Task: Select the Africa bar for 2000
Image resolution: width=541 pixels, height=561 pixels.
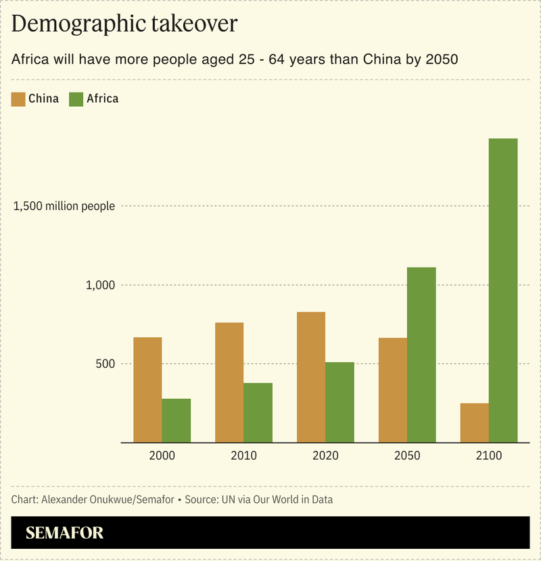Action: [176, 420]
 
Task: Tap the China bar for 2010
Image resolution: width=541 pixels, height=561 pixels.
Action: [229, 383]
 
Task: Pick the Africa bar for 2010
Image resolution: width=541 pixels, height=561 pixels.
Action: [258, 413]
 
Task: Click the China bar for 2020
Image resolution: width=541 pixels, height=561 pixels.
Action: [311, 377]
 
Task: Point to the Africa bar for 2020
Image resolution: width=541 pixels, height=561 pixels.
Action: [339, 402]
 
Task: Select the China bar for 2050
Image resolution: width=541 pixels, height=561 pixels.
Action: [393, 390]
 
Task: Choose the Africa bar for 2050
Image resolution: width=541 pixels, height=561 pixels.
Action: [421, 355]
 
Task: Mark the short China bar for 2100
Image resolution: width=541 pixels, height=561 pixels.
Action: [475, 423]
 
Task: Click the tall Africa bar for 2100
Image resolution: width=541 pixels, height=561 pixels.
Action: [503, 291]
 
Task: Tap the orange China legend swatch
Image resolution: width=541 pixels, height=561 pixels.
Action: [18, 99]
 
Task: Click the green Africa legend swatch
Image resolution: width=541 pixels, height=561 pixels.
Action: [76, 99]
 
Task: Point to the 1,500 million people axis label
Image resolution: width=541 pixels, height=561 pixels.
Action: [64, 206]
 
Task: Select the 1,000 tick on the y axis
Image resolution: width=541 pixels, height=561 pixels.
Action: [100, 285]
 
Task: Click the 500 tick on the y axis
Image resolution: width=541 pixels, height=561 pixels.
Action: [105, 364]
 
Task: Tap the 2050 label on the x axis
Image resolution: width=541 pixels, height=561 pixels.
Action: [407, 456]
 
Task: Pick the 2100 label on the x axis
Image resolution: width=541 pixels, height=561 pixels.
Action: [489, 456]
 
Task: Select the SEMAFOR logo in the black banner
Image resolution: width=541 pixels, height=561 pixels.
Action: [65, 533]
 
